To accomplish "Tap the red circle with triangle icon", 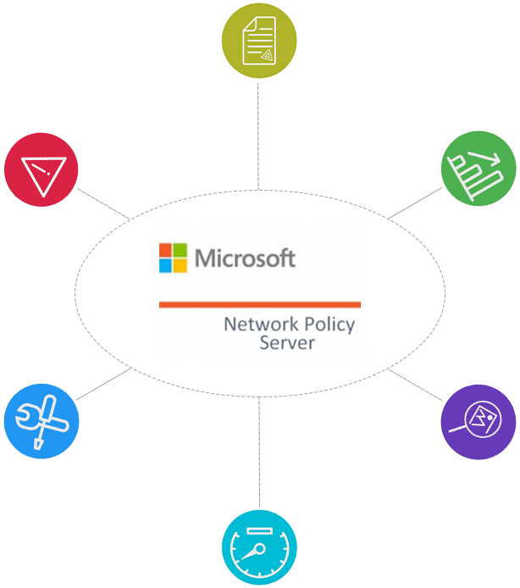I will pos(41,169).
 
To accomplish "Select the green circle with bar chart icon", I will pos(478,169).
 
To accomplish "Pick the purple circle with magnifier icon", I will pos(478,421).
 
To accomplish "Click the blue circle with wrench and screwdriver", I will pos(41,421).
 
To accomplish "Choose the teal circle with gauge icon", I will pos(259,546).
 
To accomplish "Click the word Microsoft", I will pos(246,258).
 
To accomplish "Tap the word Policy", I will pos(326,325).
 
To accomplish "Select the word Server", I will pos(287,343).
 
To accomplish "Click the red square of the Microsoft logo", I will pos(165,251).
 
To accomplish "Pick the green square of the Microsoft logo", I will pos(180,251).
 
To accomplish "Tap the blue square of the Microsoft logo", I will pos(165,265).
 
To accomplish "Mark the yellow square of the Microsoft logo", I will pos(180,265).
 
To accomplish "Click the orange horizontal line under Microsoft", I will pos(259,304).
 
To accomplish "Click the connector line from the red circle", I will pos(103,204).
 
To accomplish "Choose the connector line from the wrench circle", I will pos(103,386).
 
